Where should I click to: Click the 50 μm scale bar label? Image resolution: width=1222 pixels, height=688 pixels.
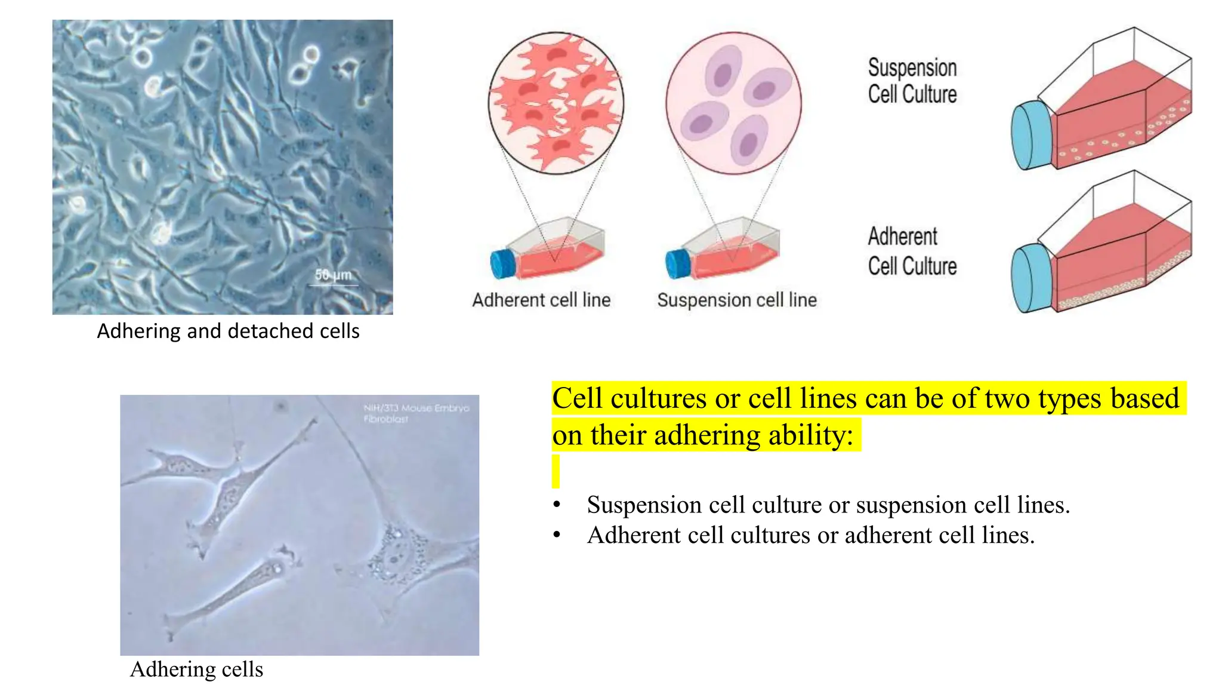click(x=333, y=275)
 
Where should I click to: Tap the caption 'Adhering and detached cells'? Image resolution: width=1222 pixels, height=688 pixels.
click(x=228, y=331)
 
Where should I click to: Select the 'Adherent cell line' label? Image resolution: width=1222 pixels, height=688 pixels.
click(x=541, y=300)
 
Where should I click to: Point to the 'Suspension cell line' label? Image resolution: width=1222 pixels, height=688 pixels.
click(x=737, y=300)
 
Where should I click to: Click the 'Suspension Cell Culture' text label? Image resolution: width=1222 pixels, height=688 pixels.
click(x=912, y=81)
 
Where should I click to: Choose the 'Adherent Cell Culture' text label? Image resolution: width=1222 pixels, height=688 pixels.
click(x=912, y=251)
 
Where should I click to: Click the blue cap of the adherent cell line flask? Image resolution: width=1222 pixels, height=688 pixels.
click(x=502, y=263)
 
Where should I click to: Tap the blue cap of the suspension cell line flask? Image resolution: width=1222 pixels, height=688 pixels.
click(x=678, y=263)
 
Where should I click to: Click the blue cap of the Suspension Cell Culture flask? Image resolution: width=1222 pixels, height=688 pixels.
click(x=1031, y=136)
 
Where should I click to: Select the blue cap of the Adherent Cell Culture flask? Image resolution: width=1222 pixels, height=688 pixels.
click(x=1031, y=278)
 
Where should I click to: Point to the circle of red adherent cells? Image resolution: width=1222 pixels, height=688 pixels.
click(x=556, y=103)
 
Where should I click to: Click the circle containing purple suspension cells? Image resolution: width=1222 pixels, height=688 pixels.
click(x=733, y=103)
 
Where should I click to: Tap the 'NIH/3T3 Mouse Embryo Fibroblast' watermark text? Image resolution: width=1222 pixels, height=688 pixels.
click(x=416, y=413)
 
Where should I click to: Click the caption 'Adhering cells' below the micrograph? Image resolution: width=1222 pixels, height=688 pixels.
click(x=196, y=669)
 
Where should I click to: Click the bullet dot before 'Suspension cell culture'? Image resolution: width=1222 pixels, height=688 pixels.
click(x=557, y=505)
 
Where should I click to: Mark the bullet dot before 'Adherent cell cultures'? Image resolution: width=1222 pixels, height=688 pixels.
click(x=557, y=535)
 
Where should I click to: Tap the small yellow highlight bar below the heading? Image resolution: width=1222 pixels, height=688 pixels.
click(x=556, y=471)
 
